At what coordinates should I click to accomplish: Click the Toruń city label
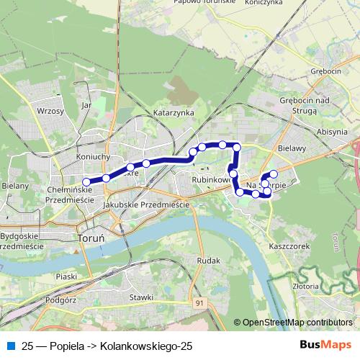91,236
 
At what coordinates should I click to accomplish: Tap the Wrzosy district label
50,112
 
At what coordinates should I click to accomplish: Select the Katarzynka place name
174,113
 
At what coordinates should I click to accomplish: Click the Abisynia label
331,132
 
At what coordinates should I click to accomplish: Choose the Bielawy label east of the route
292,150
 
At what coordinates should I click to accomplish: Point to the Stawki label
141,297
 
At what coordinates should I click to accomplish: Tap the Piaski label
66,276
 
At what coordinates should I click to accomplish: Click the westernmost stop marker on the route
87,181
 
